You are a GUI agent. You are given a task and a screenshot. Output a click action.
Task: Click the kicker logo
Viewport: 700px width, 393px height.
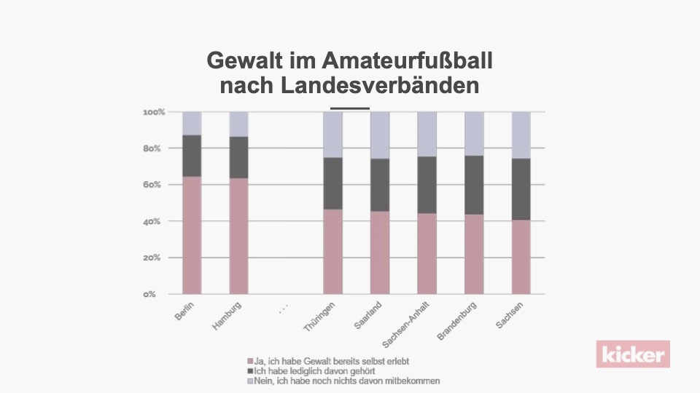click(x=633, y=354)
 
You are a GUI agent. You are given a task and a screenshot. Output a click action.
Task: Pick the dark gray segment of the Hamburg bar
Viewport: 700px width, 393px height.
click(x=238, y=157)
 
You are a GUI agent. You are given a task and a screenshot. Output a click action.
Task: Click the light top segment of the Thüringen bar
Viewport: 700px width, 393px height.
click(x=332, y=135)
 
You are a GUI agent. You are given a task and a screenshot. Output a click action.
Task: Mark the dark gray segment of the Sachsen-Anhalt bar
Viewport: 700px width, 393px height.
click(x=427, y=185)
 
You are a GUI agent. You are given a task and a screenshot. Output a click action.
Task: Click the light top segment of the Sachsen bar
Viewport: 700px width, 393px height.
click(x=521, y=135)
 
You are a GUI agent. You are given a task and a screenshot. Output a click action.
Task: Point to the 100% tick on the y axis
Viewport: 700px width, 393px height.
click(x=154, y=112)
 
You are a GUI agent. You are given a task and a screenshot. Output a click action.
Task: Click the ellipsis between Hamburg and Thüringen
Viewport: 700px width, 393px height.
click(x=284, y=309)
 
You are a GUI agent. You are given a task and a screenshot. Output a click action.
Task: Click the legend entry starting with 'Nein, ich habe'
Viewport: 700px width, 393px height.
click(x=343, y=381)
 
